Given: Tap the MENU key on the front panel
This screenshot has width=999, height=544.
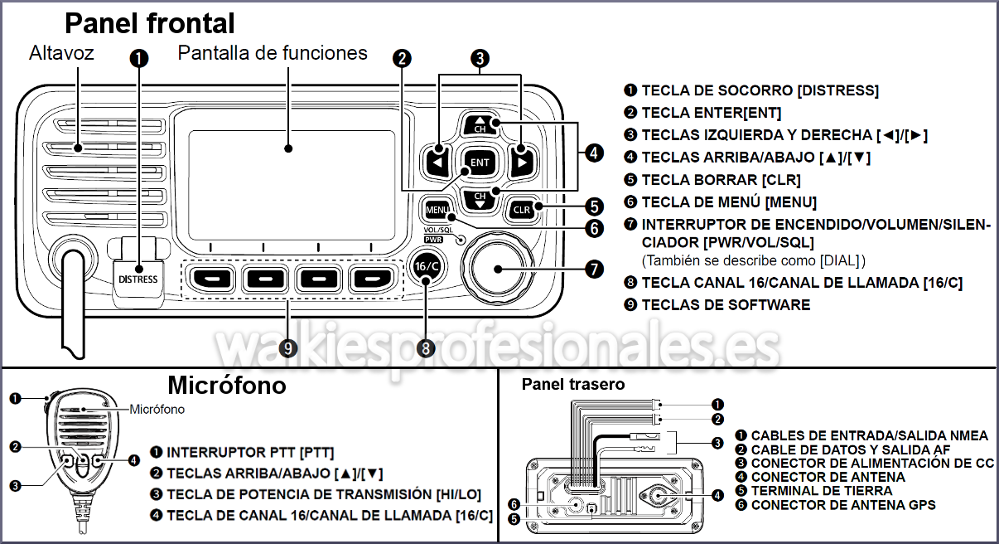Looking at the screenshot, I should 437,210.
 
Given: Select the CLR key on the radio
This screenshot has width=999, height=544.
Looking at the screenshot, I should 522,210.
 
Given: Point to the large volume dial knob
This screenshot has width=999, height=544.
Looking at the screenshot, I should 499,267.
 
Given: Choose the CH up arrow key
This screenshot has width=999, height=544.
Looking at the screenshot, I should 480,124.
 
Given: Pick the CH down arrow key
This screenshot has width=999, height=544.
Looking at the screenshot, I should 480,199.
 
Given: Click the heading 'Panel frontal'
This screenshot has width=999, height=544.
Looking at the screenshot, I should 150,22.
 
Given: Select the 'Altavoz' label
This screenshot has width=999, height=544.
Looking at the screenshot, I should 61,53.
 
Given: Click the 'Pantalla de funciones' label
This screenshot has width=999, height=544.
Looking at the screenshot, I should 273,53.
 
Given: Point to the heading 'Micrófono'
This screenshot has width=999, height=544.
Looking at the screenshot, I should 226,386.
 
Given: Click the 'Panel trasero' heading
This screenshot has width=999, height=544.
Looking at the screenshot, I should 573,385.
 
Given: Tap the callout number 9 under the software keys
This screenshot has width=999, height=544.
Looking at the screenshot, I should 288,349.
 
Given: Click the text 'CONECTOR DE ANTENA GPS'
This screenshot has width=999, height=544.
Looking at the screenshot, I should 843,504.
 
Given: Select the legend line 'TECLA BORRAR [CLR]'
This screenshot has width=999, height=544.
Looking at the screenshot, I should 721,179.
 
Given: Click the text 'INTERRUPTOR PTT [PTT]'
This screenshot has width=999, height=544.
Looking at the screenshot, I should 250,453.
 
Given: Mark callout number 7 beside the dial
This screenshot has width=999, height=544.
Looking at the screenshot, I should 594,268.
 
